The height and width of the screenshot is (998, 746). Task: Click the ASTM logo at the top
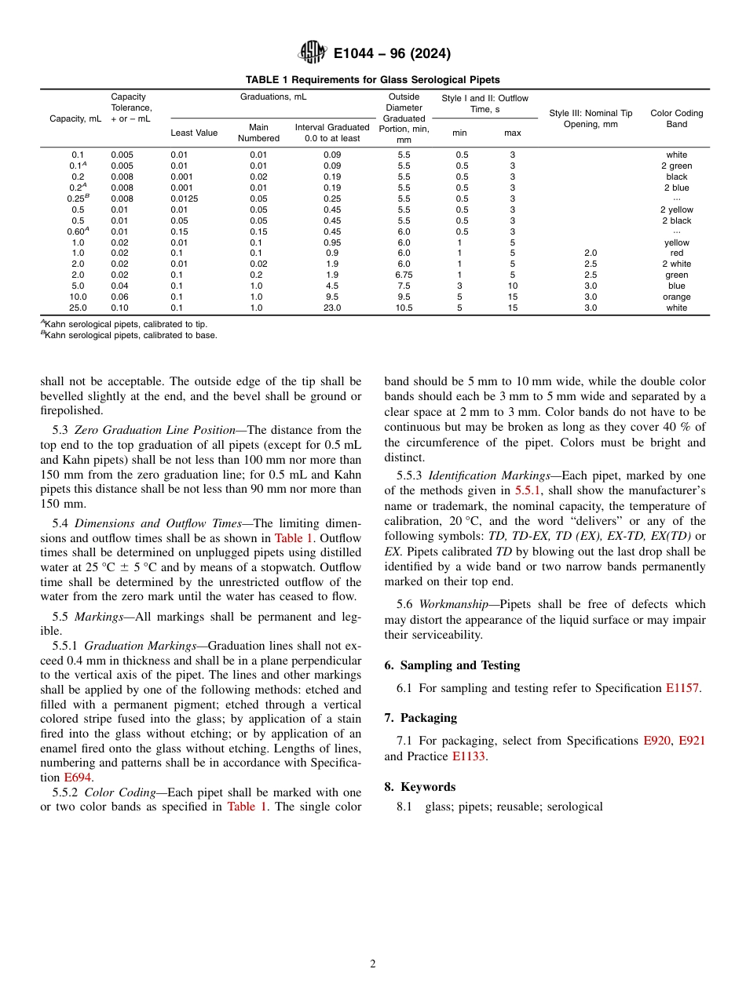312,53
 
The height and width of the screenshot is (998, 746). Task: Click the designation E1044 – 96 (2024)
392,54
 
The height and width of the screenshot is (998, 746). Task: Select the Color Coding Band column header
676,118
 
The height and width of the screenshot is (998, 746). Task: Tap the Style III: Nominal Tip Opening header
591,118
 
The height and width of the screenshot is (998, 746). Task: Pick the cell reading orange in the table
676,297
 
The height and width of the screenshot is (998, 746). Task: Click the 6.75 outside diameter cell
404,275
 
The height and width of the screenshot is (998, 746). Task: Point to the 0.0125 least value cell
185,199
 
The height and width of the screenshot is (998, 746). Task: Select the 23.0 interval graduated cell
332,308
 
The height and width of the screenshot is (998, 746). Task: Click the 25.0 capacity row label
79,308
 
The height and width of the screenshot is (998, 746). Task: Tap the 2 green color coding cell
676,166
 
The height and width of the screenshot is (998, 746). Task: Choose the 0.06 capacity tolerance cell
122,297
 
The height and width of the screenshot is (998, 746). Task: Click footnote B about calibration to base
129,335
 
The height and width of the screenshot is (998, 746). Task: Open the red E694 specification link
78,778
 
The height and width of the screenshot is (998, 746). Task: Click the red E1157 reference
682,688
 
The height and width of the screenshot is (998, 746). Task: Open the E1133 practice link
469,756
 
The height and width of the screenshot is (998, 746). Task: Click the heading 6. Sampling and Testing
452,665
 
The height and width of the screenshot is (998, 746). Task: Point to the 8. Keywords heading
419,787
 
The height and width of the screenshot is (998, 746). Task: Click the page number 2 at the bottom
373,964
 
